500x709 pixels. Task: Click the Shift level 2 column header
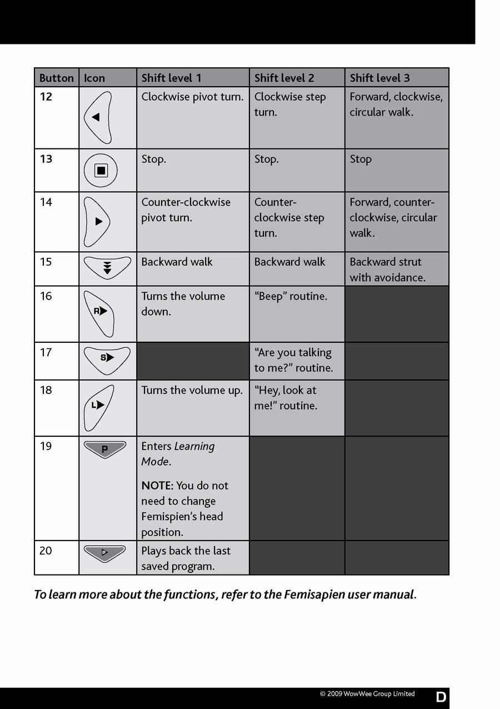(x=284, y=78)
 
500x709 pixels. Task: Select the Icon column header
(x=94, y=78)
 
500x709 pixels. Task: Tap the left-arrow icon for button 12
(x=98, y=117)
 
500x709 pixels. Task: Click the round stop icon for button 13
(x=101, y=171)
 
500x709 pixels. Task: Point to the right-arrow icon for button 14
(x=98, y=222)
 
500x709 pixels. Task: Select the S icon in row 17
(x=107, y=358)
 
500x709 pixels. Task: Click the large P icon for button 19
(x=104, y=449)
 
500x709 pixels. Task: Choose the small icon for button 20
(x=104, y=553)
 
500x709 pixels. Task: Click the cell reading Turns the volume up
(x=192, y=390)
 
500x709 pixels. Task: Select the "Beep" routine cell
(x=291, y=296)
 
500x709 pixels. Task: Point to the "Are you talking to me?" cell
(x=293, y=360)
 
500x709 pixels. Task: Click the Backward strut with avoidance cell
(x=387, y=269)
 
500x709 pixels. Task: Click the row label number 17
(x=46, y=352)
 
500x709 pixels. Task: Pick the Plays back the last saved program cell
(x=186, y=558)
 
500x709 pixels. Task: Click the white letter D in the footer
(x=441, y=697)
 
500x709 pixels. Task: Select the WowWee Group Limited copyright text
(x=367, y=694)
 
